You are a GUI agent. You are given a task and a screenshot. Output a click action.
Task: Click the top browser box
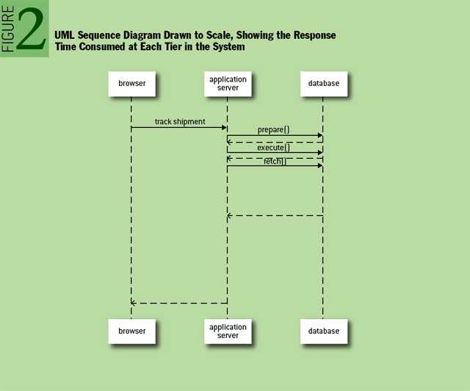pyautogui.click(x=131, y=84)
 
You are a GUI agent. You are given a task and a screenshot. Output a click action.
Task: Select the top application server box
pyautogui.click(x=228, y=84)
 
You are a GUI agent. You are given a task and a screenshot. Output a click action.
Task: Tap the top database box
pyautogui.click(x=322, y=84)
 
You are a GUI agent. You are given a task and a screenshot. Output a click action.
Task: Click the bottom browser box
pyautogui.click(x=131, y=331)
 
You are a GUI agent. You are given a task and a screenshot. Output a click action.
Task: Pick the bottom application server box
pyautogui.click(x=228, y=331)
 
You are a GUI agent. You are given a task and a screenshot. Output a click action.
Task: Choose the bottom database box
pyautogui.click(x=322, y=331)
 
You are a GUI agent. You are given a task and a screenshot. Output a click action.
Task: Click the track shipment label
pyautogui.click(x=180, y=121)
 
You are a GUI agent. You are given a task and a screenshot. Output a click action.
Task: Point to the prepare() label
pyautogui.click(x=273, y=129)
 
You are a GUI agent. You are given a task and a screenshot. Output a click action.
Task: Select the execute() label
pyautogui.click(x=273, y=148)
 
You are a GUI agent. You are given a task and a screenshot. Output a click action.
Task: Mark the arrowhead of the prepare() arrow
pyautogui.click(x=319, y=135)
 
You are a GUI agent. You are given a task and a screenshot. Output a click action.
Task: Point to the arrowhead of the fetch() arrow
pyautogui.click(x=319, y=165)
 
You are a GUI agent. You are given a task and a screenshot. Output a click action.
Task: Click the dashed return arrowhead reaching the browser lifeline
pyautogui.click(x=134, y=303)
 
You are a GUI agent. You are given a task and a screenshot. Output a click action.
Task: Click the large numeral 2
pyautogui.click(x=32, y=29)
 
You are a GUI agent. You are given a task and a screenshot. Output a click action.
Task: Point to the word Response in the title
pyautogui.click(x=311, y=35)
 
